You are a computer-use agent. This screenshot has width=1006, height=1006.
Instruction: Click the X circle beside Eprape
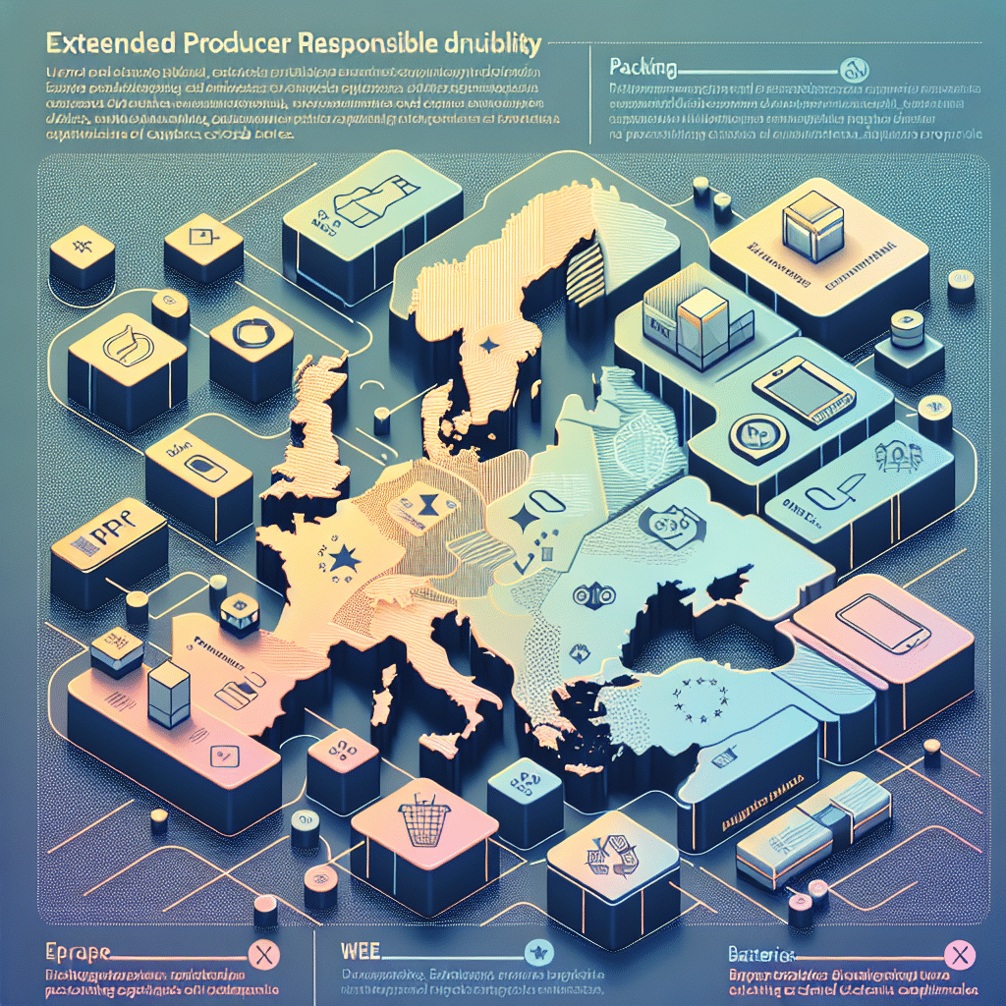tap(261, 953)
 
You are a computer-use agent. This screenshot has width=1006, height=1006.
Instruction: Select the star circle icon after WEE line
tap(536, 951)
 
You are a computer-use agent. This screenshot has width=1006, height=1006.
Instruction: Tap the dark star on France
tap(344, 561)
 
